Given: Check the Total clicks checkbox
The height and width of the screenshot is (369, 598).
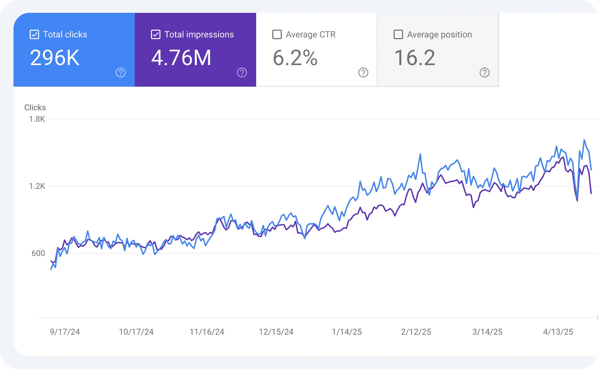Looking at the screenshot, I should pyautogui.click(x=34, y=34).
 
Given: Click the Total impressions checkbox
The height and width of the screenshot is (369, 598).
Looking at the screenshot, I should pyautogui.click(x=156, y=34).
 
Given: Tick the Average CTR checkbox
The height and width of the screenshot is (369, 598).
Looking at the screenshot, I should pyautogui.click(x=277, y=34).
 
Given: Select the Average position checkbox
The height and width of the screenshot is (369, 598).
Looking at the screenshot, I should pyautogui.click(x=398, y=34).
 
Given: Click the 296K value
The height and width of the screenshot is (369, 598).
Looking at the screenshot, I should pyautogui.click(x=55, y=58).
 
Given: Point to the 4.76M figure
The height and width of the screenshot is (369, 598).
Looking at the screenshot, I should pyautogui.click(x=181, y=58).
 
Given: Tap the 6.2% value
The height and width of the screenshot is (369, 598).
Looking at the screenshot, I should pyautogui.click(x=295, y=58).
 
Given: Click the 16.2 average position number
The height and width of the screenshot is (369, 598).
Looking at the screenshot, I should pyautogui.click(x=414, y=58).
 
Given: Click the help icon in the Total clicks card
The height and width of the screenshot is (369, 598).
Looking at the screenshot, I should pyautogui.click(x=121, y=72).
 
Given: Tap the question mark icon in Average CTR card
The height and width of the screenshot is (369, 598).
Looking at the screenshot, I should pyautogui.click(x=363, y=72).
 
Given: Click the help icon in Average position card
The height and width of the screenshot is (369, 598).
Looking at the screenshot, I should pyautogui.click(x=484, y=72).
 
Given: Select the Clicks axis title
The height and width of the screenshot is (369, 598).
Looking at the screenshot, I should pyautogui.click(x=35, y=107).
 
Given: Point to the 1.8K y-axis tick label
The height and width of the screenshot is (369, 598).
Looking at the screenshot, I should pyautogui.click(x=37, y=119).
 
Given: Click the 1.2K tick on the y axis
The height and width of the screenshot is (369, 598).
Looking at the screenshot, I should pyautogui.click(x=37, y=186).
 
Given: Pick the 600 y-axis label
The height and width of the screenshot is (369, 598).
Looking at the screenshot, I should pyautogui.click(x=38, y=253).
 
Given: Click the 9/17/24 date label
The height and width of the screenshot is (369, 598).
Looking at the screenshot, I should pyautogui.click(x=65, y=332).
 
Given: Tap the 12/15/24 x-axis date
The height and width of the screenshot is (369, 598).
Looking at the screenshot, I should pyautogui.click(x=276, y=332).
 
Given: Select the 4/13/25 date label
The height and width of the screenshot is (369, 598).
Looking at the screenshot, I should pyautogui.click(x=558, y=332).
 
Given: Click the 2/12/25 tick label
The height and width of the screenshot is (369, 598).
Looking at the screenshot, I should pyautogui.click(x=416, y=332).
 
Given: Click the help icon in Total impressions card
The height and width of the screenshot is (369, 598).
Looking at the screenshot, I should pyautogui.click(x=242, y=72).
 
